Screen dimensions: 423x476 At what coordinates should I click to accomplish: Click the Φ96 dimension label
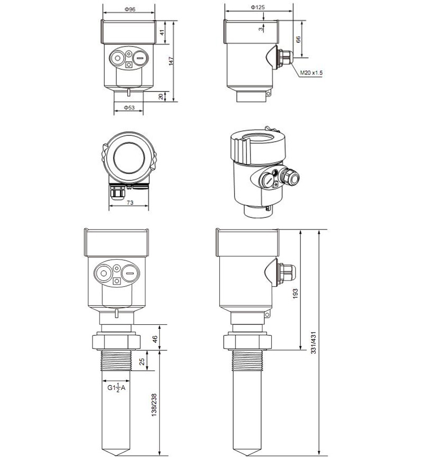[130, 10]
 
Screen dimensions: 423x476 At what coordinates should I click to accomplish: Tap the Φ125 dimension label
[258, 7]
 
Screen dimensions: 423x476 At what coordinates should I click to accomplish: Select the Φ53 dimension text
[129, 107]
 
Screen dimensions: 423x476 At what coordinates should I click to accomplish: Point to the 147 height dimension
[171, 61]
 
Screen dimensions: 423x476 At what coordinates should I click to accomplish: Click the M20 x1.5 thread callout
[311, 73]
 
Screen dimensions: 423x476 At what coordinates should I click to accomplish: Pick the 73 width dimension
[130, 203]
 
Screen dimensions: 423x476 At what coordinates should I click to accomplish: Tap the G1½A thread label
[116, 388]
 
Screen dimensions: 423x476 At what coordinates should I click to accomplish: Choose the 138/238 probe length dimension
[154, 405]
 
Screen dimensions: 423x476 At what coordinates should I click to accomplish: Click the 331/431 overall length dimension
[314, 342]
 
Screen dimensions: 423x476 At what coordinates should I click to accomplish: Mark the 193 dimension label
[295, 294]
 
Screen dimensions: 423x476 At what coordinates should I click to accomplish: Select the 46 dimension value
[155, 339]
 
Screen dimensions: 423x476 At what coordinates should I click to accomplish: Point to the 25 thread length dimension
[142, 362]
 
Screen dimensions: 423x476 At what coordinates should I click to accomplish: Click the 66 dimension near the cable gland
[298, 40]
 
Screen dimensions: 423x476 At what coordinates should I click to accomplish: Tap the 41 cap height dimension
[163, 32]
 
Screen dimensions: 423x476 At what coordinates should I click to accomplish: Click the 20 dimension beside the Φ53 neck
[161, 97]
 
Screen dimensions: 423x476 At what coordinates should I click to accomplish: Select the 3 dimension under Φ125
[261, 29]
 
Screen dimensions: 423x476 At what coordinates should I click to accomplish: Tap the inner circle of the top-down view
[129, 158]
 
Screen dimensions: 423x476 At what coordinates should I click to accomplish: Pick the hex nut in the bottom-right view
[247, 342]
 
